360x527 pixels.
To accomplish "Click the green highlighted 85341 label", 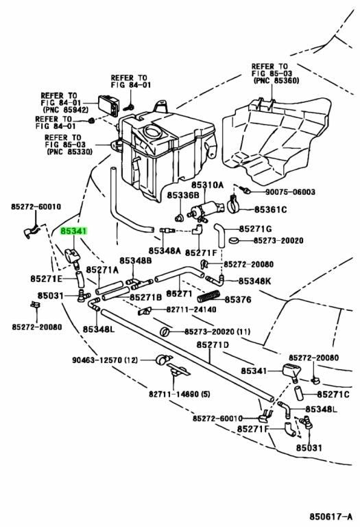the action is [x=73, y=231].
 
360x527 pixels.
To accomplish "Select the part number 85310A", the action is [x=207, y=185].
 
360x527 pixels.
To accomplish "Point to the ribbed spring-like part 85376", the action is [x=208, y=296].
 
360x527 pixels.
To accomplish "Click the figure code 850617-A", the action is [x=331, y=516].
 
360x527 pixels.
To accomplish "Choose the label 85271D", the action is [x=213, y=345].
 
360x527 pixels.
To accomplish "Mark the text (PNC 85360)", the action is [x=276, y=81].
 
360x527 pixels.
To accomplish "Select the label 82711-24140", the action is [x=191, y=309].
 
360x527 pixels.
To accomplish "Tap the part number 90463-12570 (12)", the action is [x=105, y=360].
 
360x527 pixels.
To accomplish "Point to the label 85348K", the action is [x=254, y=281].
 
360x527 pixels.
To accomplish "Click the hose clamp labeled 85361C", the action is [x=236, y=206].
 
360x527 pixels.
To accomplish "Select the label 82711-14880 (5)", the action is [x=180, y=394].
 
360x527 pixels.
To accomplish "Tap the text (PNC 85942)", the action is [x=65, y=110].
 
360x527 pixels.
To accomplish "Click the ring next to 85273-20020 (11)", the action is [x=165, y=331].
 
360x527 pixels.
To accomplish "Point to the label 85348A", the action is [x=165, y=250].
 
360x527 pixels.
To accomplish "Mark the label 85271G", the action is [x=255, y=229].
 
